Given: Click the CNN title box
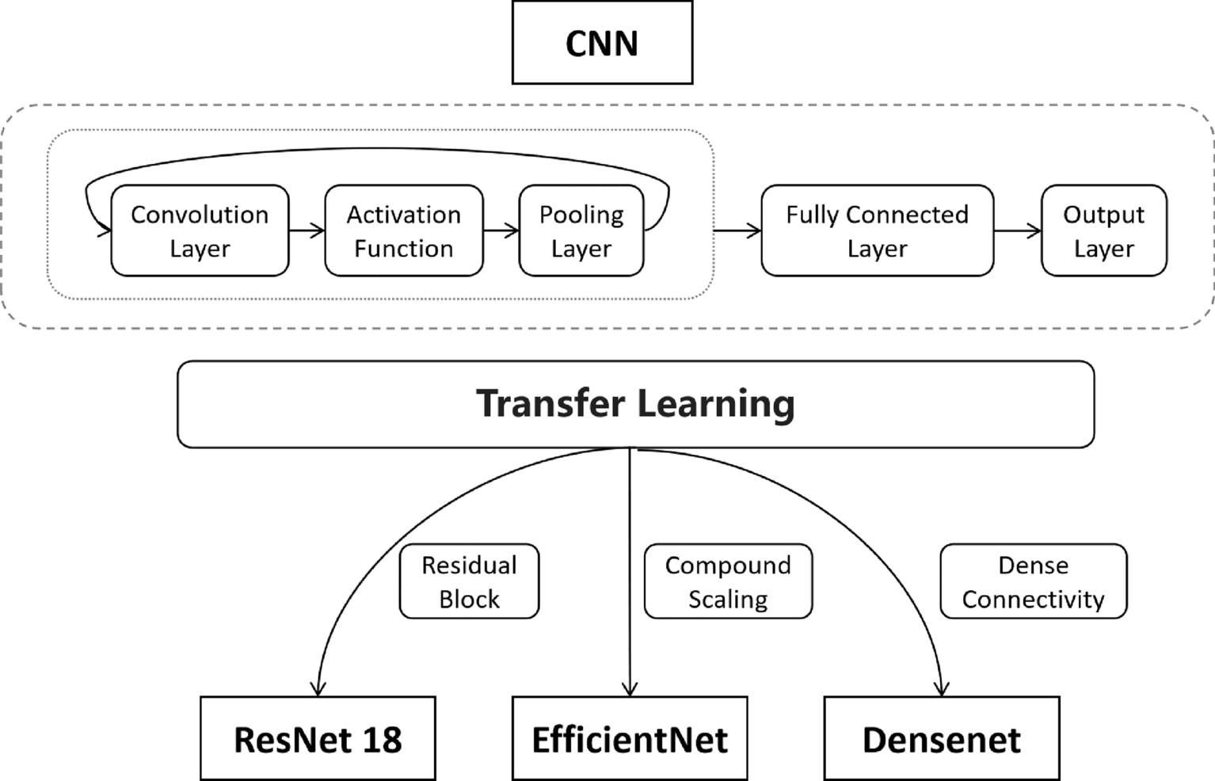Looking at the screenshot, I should click(602, 43).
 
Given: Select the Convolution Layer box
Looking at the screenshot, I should click(200, 230).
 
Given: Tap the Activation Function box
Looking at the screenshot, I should click(403, 230).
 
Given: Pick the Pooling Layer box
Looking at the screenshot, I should click(581, 230).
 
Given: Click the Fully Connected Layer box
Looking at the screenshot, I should click(877, 230).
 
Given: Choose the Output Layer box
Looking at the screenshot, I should click(1103, 230).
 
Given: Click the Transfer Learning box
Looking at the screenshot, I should click(635, 404).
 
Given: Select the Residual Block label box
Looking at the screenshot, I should click(469, 581).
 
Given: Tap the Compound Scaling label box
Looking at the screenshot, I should click(728, 581).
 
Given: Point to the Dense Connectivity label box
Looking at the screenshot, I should click(1033, 581).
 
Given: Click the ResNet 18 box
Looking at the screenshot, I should click(318, 739).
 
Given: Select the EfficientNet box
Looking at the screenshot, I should click(630, 739).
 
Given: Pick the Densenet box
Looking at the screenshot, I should click(941, 739).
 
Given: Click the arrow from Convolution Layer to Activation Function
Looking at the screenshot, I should click(307, 230).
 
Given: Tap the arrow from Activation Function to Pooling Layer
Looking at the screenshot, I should click(501, 230).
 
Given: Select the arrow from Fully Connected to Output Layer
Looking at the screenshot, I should click(1018, 230).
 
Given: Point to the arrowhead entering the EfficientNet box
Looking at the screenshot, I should click(630, 689).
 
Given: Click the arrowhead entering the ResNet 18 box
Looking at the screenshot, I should click(318, 688).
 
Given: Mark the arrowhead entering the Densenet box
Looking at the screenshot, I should click(942, 688).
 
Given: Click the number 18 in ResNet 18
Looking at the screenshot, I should click(382, 739).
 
